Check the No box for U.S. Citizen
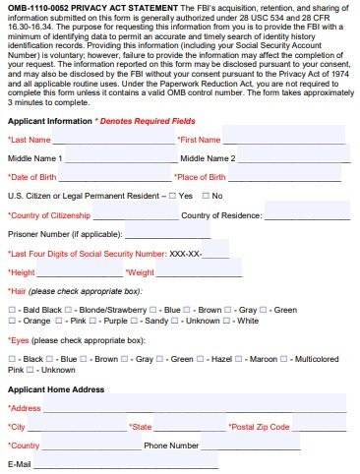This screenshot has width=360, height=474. tap(204, 196)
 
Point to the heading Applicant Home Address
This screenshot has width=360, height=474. tap(55, 389)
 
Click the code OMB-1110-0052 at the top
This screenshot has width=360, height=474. tap(33, 7)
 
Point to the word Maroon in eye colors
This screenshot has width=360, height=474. tap(263, 360)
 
